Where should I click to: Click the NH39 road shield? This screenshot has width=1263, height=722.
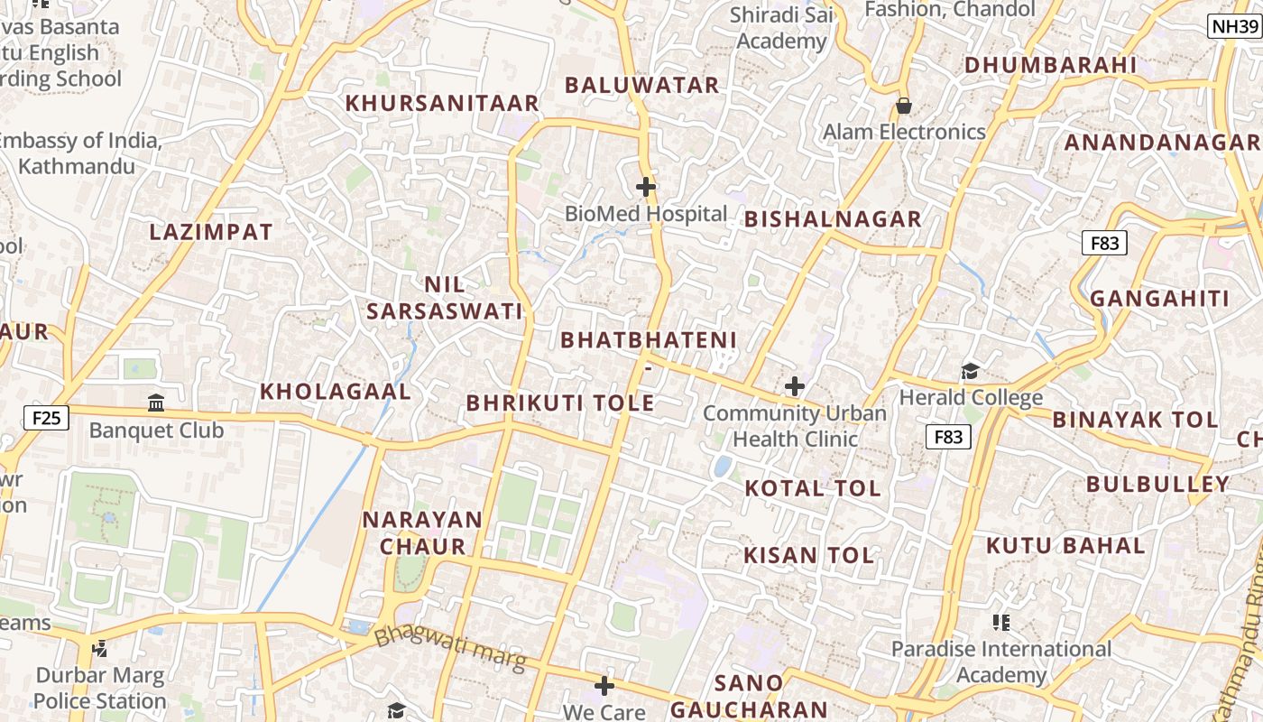(x=1234, y=26)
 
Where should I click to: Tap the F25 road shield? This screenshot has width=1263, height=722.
(x=46, y=417)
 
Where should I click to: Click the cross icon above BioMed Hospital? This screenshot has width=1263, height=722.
(x=646, y=187)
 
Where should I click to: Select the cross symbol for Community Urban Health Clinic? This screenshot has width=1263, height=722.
(x=794, y=386)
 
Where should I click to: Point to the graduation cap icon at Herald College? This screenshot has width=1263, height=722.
(x=970, y=371)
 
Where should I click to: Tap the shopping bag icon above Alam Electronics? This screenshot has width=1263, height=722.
(x=903, y=106)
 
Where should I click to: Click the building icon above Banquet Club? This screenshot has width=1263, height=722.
(x=156, y=403)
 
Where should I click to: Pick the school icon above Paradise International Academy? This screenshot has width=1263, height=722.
(x=1000, y=622)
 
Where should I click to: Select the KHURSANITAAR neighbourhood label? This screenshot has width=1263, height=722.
(x=442, y=103)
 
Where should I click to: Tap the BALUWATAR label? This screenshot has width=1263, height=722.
(x=641, y=85)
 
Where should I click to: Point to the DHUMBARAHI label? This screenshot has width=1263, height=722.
(x=1050, y=65)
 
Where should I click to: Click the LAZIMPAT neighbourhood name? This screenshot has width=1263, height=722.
(x=211, y=232)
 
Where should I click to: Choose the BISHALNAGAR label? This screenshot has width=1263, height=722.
(x=833, y=218)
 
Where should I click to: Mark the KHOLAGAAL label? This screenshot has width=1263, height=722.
(x=336, y=392)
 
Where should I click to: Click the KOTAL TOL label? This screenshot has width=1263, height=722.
(x=812, y=488)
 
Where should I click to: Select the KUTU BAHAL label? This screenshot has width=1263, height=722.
(x=1065, y=545)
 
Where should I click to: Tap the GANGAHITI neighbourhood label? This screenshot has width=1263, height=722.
(x=1159, y=299)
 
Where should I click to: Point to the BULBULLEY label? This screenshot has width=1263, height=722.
(x=1157, y=484)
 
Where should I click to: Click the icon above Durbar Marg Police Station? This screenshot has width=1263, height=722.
(x=100, y=647)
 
